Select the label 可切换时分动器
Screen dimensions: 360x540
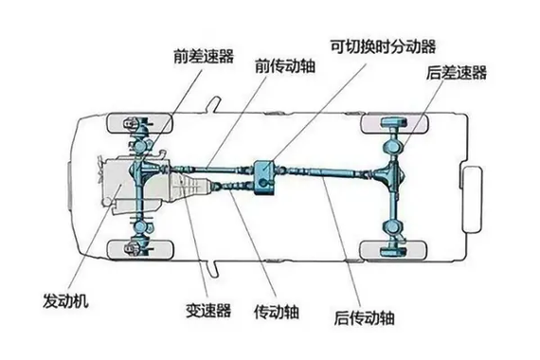point(385,45)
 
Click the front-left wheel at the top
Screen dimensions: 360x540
point(134,124)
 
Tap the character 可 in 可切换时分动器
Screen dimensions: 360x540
point(337,45)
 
